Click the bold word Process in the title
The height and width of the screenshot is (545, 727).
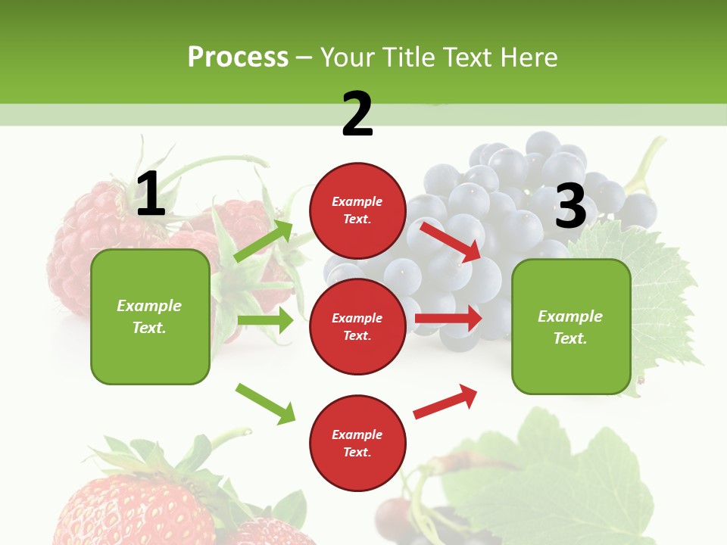(238, 58)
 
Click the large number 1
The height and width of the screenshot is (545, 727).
(151, 194)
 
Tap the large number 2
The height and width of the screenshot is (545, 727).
(357, 114)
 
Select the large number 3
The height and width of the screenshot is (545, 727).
(571, 207)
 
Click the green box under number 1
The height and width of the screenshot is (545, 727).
(150, 316)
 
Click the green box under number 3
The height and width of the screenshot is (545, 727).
(571, 327)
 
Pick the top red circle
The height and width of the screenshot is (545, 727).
(357, 210)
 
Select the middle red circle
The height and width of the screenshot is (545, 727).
(357, 326)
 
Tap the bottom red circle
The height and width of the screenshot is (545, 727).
(357, 443)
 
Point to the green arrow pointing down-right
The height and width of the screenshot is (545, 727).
(265, 403)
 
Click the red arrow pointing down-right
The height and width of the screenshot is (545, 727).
(451, 241)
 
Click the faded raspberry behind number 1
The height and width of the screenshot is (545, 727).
(83, 242)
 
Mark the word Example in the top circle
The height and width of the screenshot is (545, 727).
(357, 202)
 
